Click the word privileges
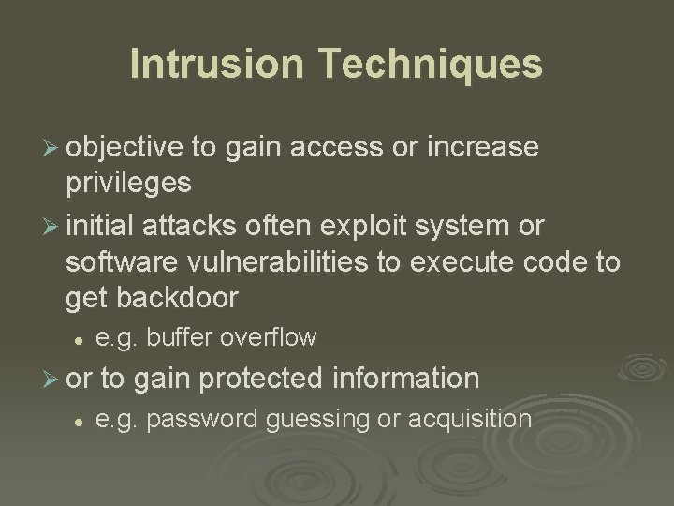[128, 183]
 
